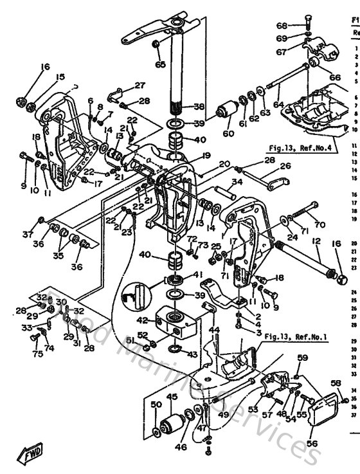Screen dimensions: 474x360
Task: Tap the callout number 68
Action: pos(300,26)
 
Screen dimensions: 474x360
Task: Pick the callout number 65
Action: pos(160,64)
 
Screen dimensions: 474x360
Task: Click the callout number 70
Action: pos(319,225)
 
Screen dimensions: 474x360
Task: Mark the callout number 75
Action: pos(38,353)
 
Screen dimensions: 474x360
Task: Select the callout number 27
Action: pos(139,85)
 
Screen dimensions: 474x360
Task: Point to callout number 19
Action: pos(187,155)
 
